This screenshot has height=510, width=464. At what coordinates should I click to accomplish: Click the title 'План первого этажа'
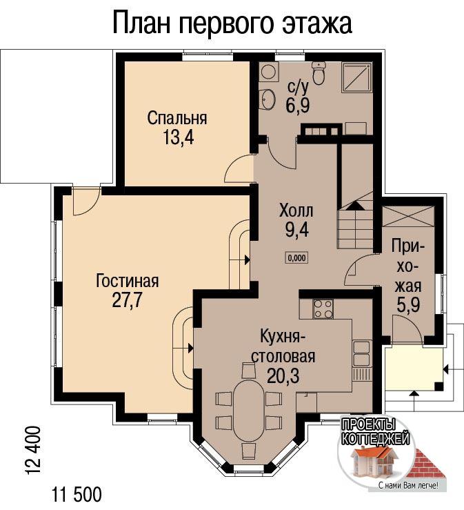[232, 23]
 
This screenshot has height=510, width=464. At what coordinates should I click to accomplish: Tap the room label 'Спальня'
[176, 118]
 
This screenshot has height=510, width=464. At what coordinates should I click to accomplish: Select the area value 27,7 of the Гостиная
[127, 300]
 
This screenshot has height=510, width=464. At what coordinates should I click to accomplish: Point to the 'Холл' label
[296, 211]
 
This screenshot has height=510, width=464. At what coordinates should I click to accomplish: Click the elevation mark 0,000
[297, 258]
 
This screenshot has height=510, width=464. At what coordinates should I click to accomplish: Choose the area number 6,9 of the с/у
[298, 105]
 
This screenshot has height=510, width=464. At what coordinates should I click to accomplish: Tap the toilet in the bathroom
[319, 72]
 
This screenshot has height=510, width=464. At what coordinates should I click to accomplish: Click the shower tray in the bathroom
[356, 77]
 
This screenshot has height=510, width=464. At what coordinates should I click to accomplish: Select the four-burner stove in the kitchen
[323, 308]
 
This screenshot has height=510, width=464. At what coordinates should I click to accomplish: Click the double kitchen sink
[361, 353]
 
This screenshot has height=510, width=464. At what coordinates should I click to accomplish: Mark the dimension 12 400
[33, 451]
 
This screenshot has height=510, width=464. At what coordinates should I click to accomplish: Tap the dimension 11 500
[77, 494]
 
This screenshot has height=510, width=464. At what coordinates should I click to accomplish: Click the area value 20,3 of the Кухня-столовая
[283, 376]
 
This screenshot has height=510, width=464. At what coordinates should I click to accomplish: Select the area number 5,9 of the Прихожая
[408, 305]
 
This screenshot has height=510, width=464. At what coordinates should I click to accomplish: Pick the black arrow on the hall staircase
[355, 206]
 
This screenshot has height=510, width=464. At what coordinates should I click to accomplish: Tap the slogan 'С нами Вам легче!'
[408, 486]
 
